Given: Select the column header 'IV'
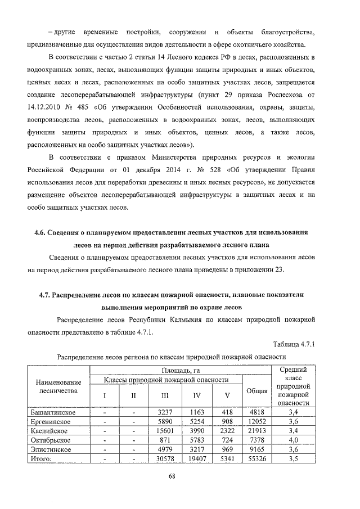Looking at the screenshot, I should [x=197, y=395].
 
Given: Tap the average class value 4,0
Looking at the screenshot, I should [x=292, y=439].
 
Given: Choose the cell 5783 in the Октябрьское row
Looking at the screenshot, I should [x=197, y=439].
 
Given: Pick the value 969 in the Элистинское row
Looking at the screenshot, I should [x=228, y=449].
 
